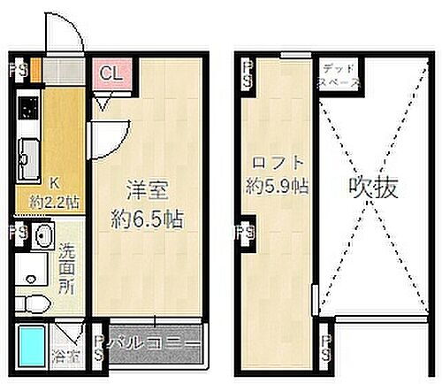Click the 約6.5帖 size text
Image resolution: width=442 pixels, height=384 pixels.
(x=148, y=218)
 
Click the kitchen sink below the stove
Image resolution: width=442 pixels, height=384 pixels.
(x=26, y=159)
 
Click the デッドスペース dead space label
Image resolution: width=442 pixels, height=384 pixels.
(x=340, y=74)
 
